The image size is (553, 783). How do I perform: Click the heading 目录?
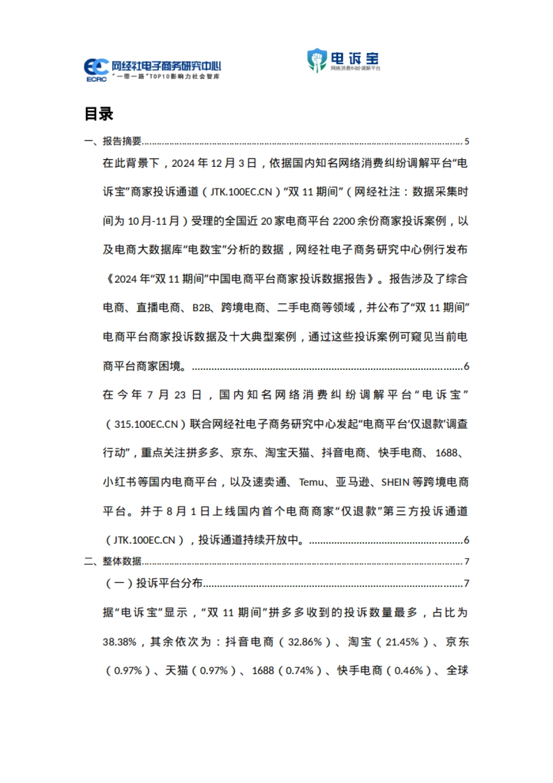pos(99,114)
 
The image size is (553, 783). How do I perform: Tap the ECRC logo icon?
pos(96,70)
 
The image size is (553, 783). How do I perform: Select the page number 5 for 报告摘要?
pos(466,142)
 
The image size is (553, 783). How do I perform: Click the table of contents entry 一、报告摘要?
pos(113,141)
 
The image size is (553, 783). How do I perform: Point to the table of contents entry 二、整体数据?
pos(113,561)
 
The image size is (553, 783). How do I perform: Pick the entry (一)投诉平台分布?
pos(154,583)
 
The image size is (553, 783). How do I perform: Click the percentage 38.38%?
pos(119,642)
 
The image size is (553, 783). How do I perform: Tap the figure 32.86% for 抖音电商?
pos(305,642)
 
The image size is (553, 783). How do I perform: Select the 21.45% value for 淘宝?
pos(402,642)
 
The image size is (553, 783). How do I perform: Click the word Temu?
pos(312,482)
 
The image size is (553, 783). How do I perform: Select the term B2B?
pos(201,308)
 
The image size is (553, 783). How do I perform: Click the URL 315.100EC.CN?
pos(146,424)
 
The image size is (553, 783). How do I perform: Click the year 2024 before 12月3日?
pos(183,163)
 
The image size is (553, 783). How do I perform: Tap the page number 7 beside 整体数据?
pos(466,562)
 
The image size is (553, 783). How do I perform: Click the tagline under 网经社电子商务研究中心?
pos(166,77)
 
